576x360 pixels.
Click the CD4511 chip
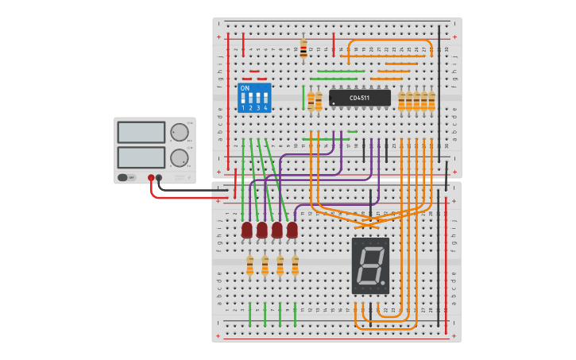coord(360,98)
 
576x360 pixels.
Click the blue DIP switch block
coord(254,98)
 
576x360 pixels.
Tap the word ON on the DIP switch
coord(245,88)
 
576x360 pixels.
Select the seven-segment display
coord(370,265)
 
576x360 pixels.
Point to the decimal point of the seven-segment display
coord(383,281)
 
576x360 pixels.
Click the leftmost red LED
coord(247,230)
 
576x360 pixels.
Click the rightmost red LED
coord(292,230)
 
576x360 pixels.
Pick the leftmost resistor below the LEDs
coord(249,265)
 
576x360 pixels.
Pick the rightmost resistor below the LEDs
coord(295,265)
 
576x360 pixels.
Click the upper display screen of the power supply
coord(141,132)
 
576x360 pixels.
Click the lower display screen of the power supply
coord(141,157)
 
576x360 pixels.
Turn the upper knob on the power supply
coord(180,132)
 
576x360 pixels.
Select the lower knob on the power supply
coord(180,157)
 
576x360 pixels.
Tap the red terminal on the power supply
coord(151,178)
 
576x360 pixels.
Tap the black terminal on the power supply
coord(159,178)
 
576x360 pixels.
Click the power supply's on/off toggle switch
coord(124,177)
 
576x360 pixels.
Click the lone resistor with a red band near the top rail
coord(303,48)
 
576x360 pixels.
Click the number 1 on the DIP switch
coord(244,107)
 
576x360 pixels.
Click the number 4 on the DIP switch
coord(265,107)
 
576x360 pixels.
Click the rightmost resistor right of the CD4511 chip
coord(431,101)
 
